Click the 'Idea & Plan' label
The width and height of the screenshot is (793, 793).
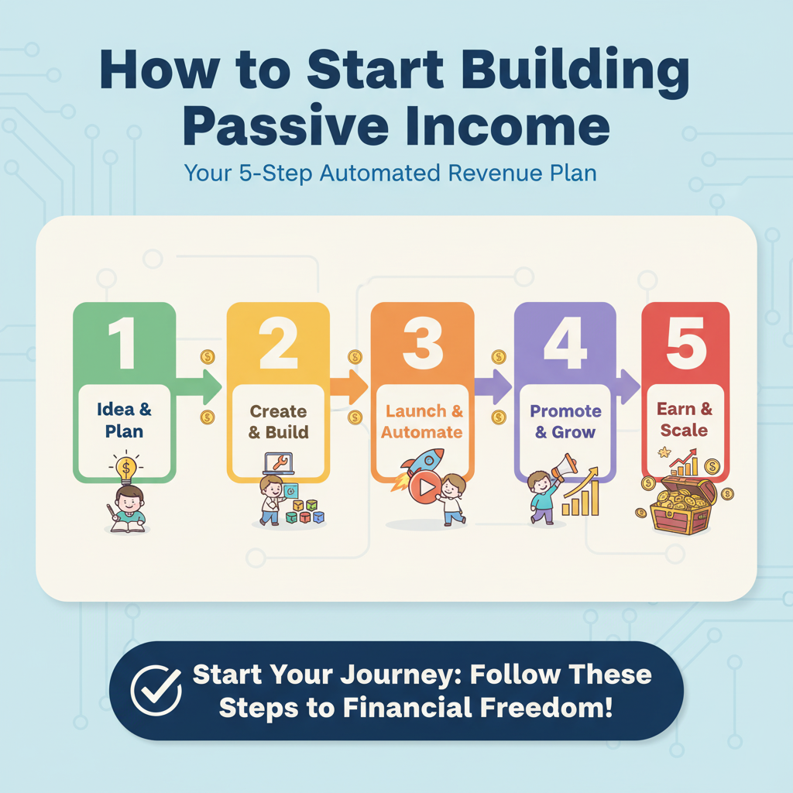click(x=125, y=421)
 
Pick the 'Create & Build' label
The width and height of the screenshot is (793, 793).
click(x=278, y=422)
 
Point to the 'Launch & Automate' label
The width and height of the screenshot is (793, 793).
click(x=422, y=422)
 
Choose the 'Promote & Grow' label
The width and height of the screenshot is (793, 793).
click(x=565, y=421)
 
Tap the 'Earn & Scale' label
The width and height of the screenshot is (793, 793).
click(x=684, y=419)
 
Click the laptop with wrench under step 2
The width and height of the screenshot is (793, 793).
click(x=278, y=464)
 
